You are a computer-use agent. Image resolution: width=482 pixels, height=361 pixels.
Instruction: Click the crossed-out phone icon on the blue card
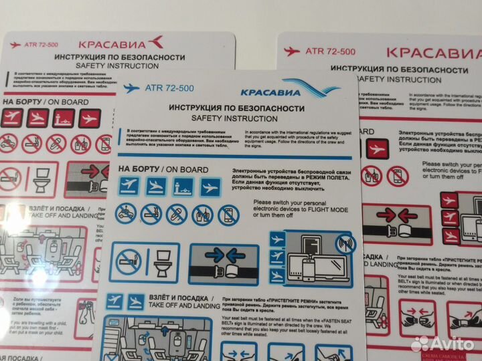point(229,214)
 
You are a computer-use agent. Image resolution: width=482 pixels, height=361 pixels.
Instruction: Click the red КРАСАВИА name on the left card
point(120,43)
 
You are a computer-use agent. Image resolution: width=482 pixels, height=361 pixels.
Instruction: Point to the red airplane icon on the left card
point(15,45)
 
